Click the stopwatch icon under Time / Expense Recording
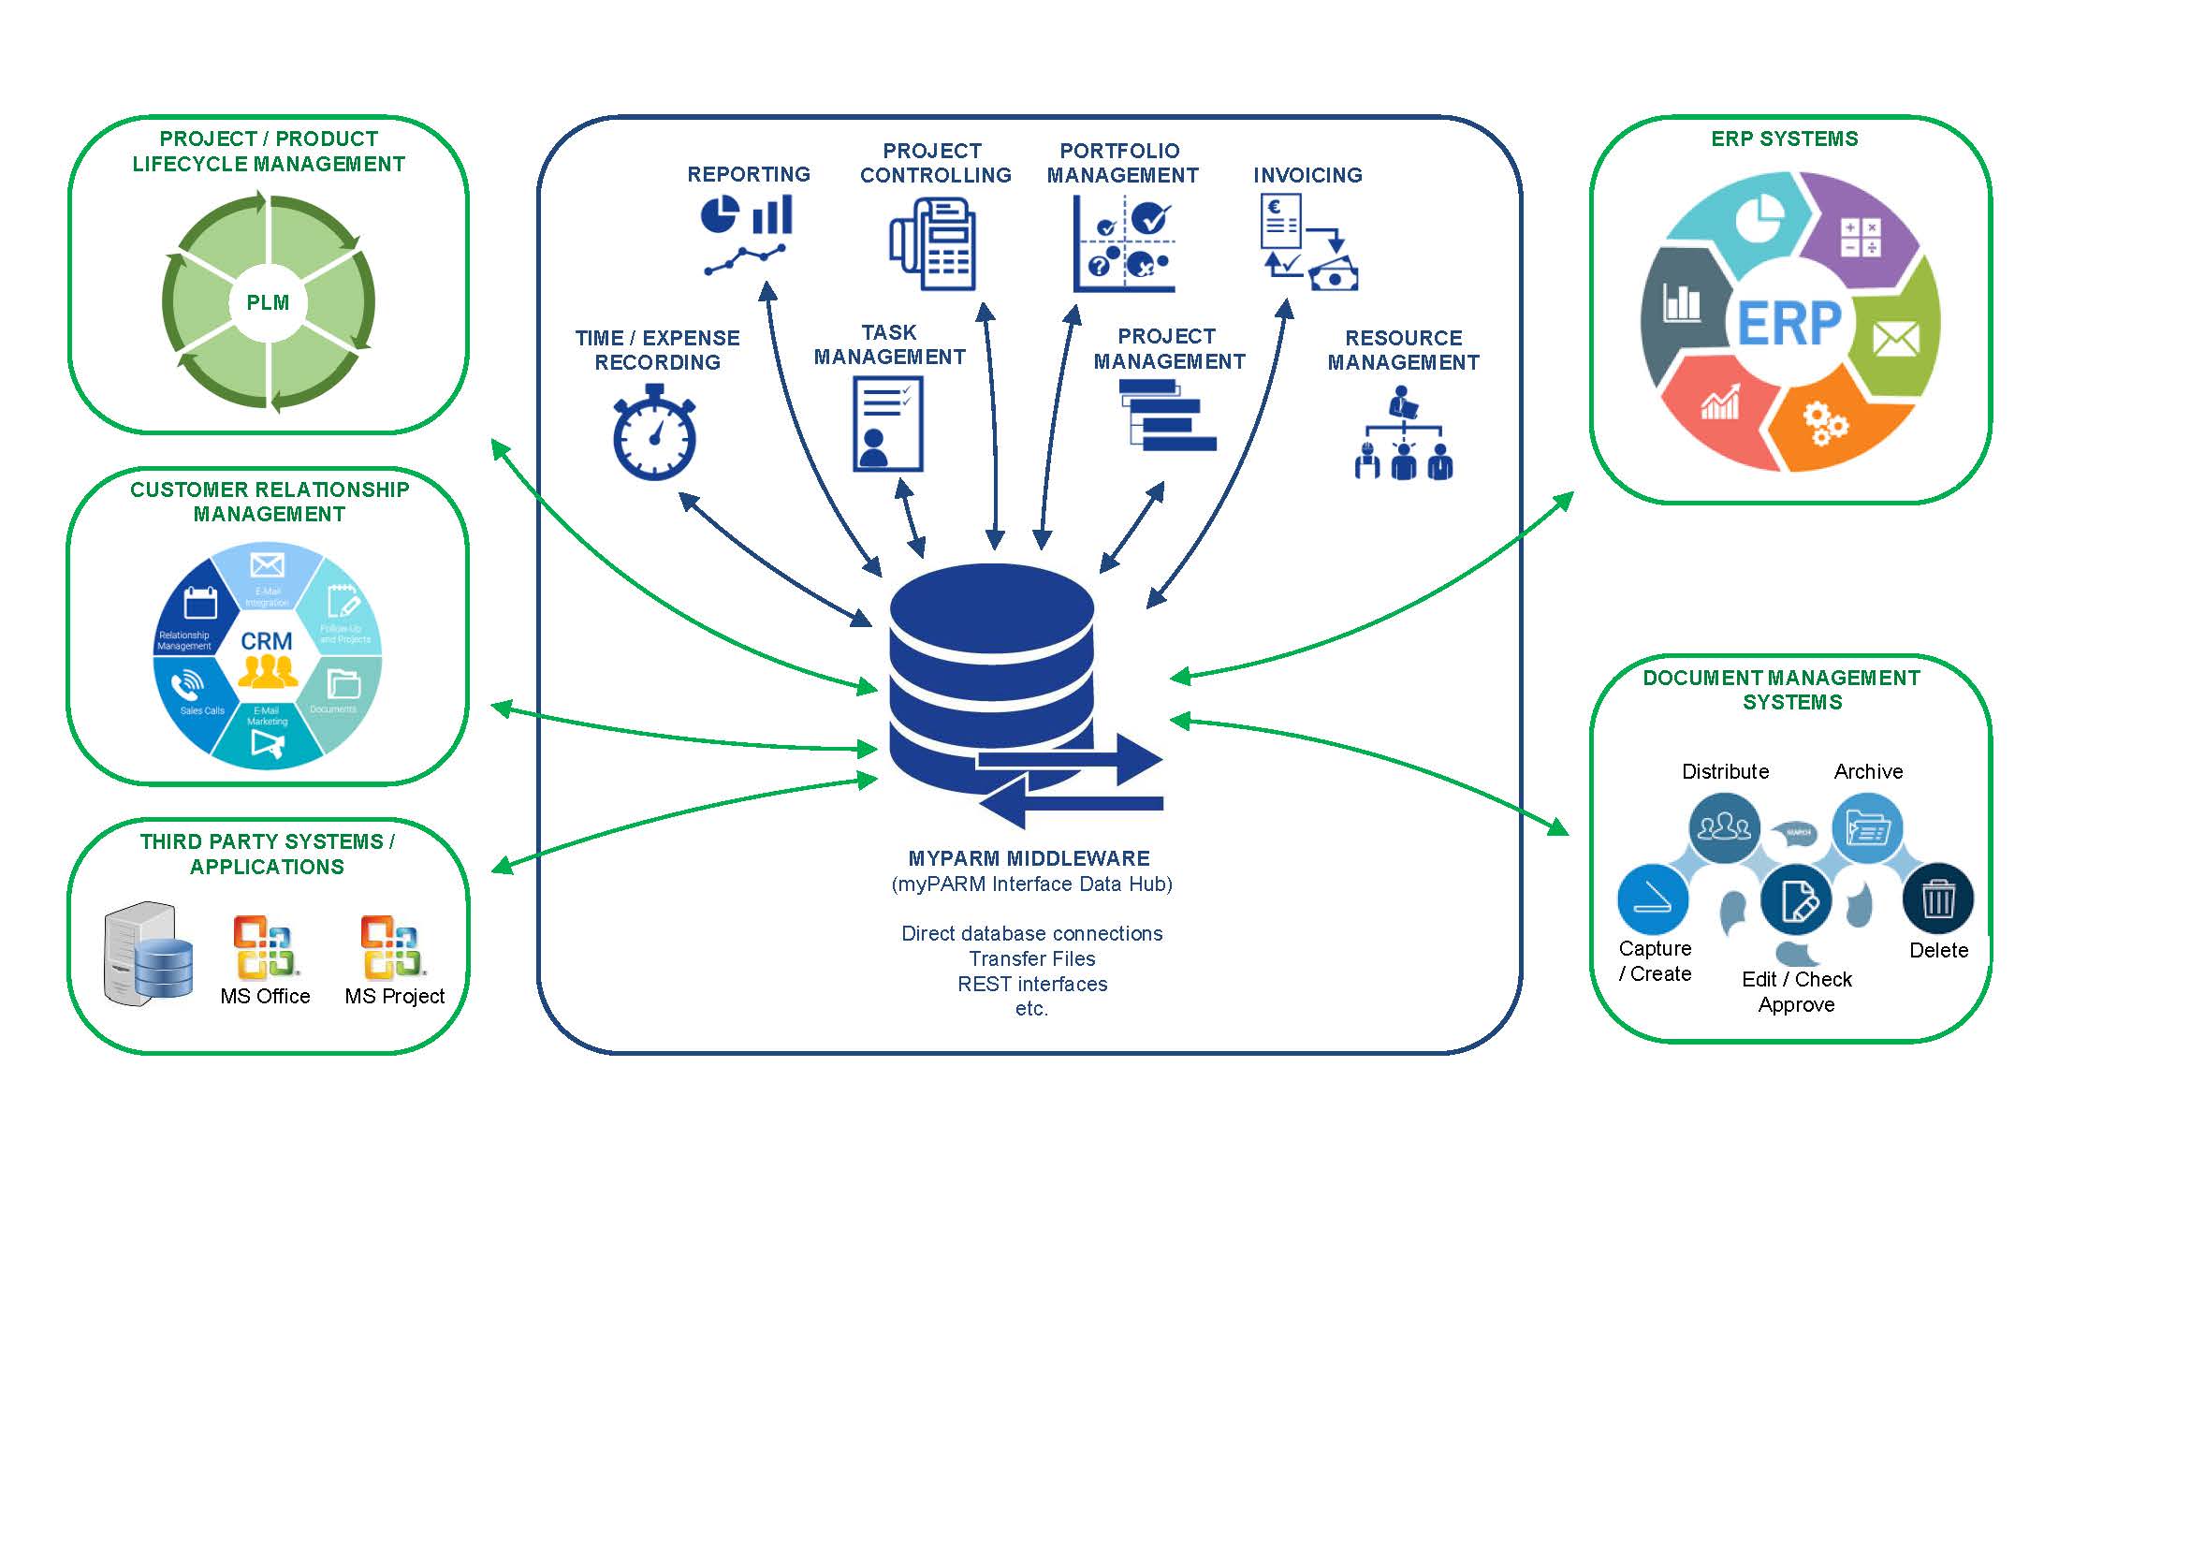[x=654, y=434]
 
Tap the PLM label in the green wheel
[x=268, y=303]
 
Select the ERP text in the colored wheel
[x=1789, y=324]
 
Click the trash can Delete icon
[x=1937, y=899]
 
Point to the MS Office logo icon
[x=266, y=947]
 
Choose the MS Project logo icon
[x=391, y=947]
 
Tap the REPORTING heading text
[x=749, y=174]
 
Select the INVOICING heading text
[x=1307, y=176]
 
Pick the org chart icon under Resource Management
[x=1403, y=434]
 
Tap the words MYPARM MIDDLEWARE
[x=1029, y=858]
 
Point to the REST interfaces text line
[x=1032, y=985]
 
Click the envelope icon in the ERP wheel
[x=1895, y=339]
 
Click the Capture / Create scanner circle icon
[x=1653, y=899]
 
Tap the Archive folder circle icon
[x=1867, y=828]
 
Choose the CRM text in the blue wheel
[x=266, y=641]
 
